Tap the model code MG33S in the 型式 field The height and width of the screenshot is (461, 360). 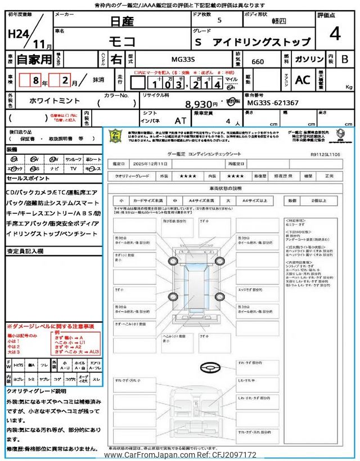(187, 59)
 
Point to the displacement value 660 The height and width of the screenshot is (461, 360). (257, 60)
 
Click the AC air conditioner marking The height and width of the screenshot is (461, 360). (303, 80)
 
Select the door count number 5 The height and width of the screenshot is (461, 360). (219, 20)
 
